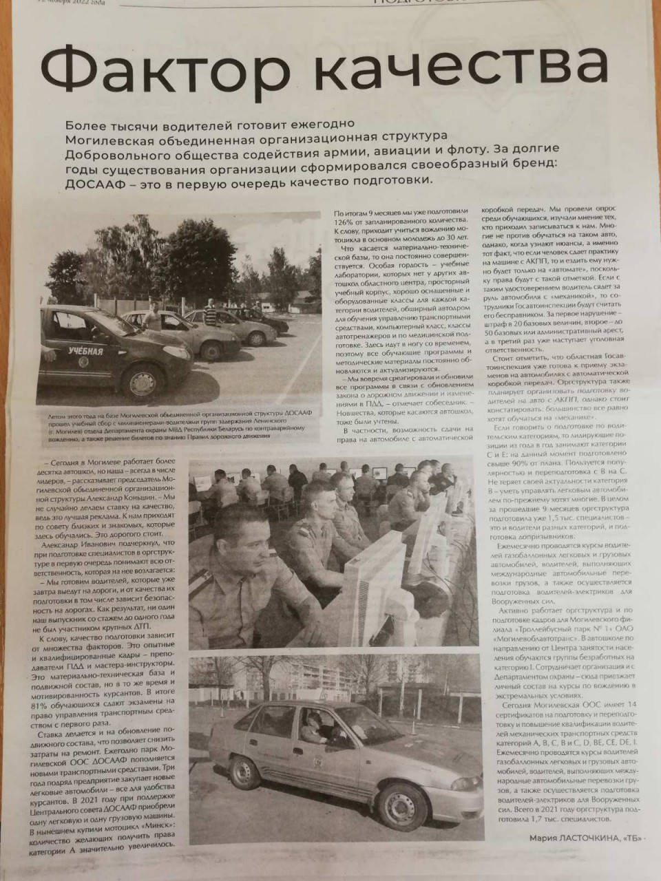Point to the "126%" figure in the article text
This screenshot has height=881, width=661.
coord(345,222)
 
